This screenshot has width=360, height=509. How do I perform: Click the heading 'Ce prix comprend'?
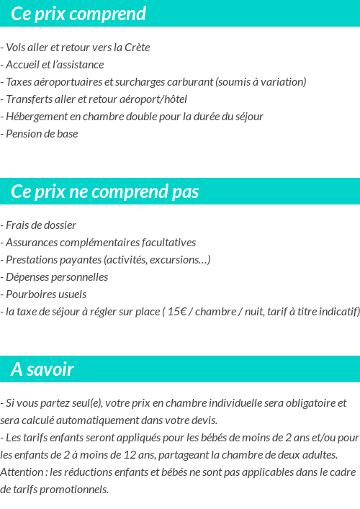78,14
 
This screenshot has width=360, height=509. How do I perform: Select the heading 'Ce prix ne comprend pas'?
105,192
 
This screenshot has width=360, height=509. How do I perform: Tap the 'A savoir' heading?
42,369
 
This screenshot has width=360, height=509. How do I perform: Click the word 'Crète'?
138,48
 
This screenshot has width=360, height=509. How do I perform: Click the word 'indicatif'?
338,312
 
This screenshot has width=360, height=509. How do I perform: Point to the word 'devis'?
202,420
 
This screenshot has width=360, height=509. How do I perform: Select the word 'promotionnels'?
73,490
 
